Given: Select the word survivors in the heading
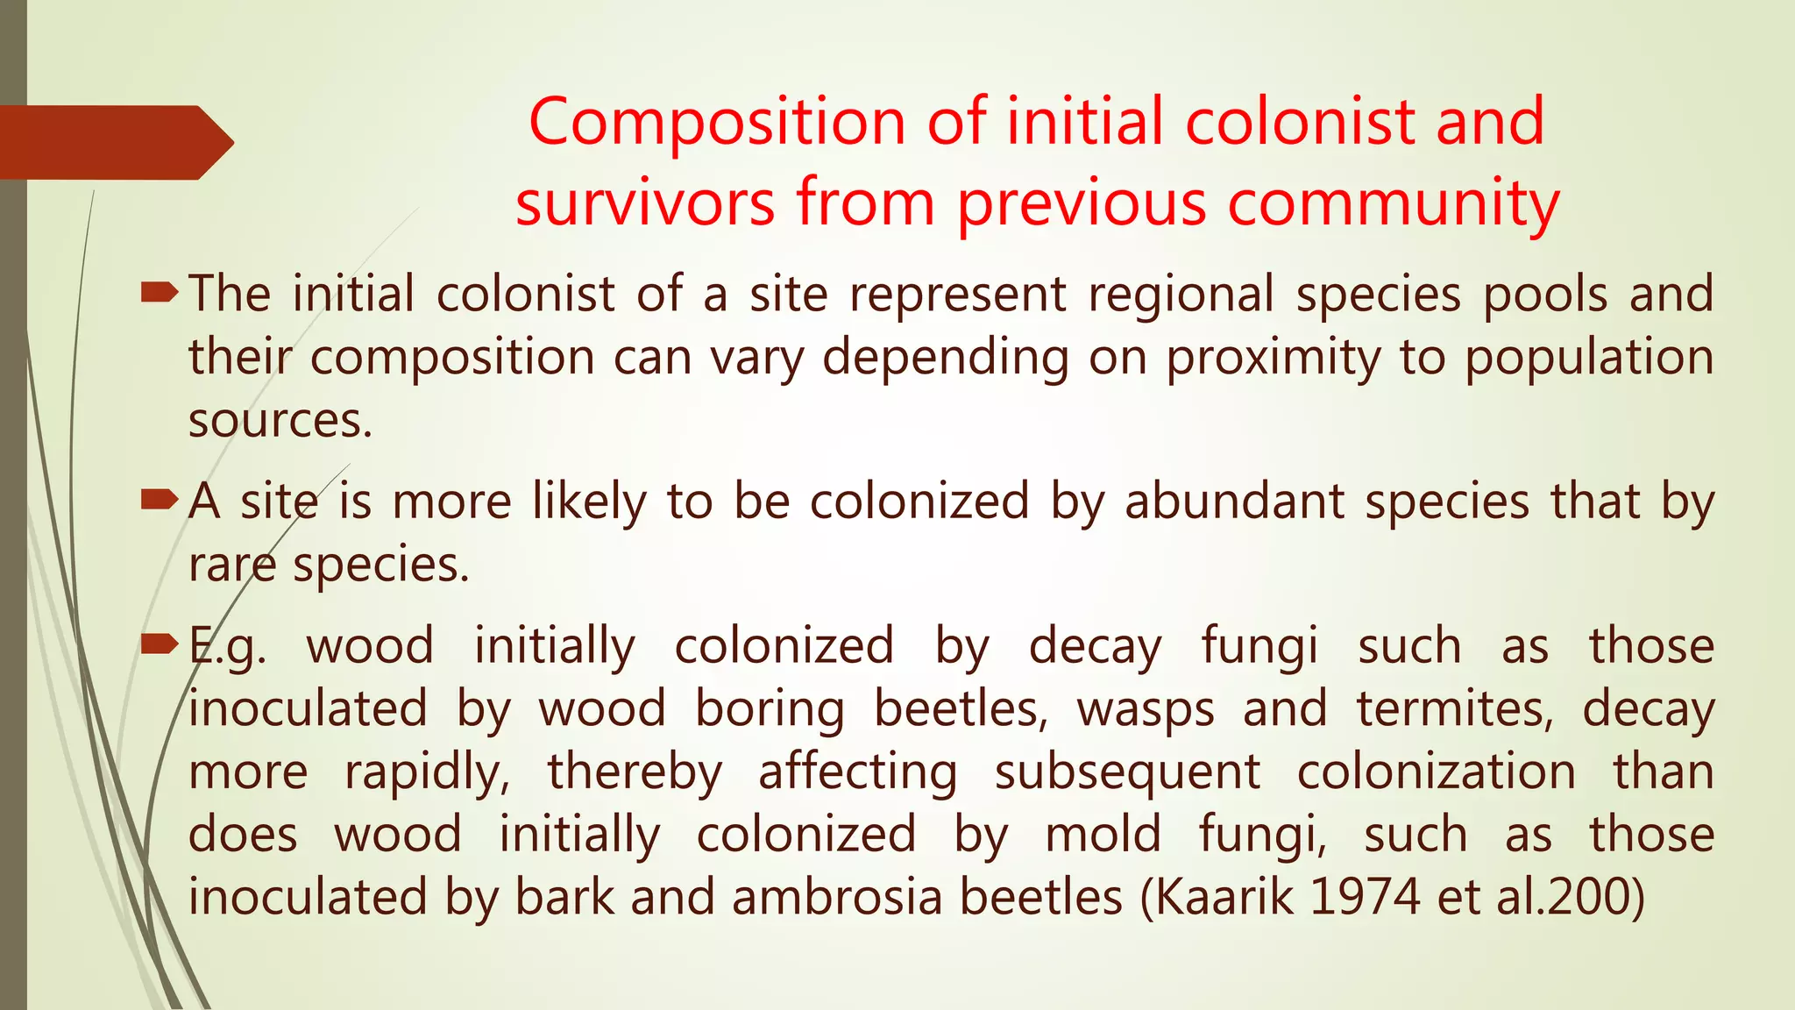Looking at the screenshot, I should [645, 203].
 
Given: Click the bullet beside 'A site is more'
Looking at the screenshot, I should [159, 501].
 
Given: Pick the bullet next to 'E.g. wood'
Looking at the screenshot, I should [159, 645].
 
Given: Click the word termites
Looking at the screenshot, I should [1455, 709].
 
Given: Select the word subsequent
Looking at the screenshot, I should [1127, 773].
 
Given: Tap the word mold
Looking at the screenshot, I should [1103, 835].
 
